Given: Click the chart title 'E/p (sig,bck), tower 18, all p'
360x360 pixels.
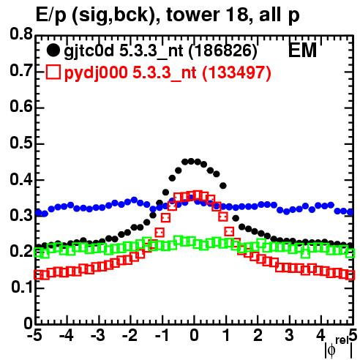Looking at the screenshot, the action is point(168,15).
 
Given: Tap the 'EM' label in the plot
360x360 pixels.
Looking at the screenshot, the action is point(302,50).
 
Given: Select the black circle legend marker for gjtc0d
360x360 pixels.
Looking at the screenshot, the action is point(53,50).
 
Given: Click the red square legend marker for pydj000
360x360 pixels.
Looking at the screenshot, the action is point(53,72).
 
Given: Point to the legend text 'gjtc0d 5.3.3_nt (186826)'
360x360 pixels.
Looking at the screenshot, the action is point(160,51).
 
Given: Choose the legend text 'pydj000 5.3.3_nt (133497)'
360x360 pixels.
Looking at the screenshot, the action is point(168,72).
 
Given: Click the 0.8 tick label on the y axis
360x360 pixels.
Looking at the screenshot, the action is point(21,34).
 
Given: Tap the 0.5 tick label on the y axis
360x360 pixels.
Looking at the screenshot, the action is point(21,143).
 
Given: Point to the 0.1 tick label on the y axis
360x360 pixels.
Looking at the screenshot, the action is point(21,288).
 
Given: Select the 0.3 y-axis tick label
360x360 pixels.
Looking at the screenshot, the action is point(21,215).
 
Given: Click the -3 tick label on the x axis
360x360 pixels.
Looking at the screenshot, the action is point(98,335).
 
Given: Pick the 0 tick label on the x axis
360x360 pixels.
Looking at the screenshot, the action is point(194,335).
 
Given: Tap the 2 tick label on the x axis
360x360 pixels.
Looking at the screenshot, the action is point(258,335).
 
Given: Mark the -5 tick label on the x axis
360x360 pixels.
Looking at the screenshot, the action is point(34,335).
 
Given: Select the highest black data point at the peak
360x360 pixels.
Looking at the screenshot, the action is point(191,161).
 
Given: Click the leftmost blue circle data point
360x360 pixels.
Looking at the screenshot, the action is point(39,213).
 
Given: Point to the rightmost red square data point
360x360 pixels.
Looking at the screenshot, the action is point(350,276).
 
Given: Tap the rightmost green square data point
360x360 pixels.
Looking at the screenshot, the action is point(350,254).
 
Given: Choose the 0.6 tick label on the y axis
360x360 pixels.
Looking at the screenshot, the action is point(21,108).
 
